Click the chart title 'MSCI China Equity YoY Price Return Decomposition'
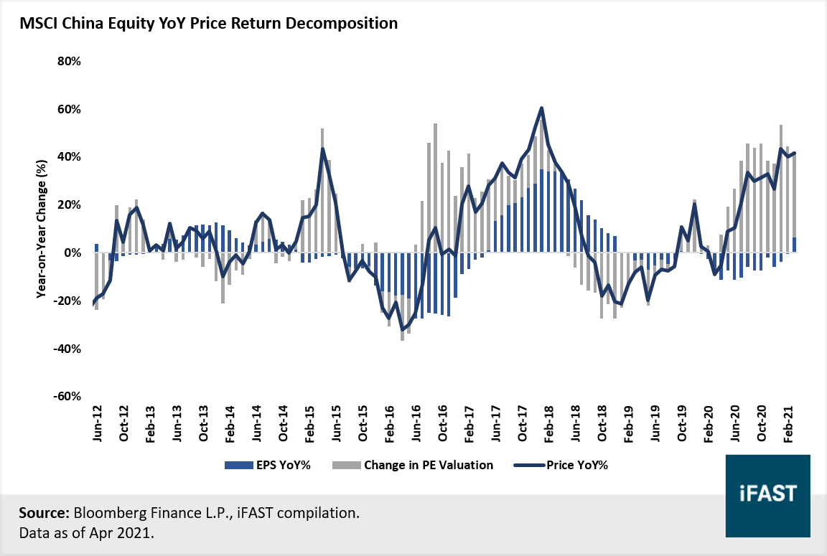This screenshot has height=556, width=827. (x=208, y=23)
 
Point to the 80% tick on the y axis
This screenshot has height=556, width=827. (x=69, y=62)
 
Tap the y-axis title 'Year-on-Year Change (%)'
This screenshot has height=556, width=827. (x=42, y=230)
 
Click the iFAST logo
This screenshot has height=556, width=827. (x=767, y=496)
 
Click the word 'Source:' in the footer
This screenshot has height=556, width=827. (x=42, y=514)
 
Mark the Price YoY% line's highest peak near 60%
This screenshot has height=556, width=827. (x=541, y=108)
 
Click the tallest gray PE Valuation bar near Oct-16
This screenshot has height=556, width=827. (x=435, y=187)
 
